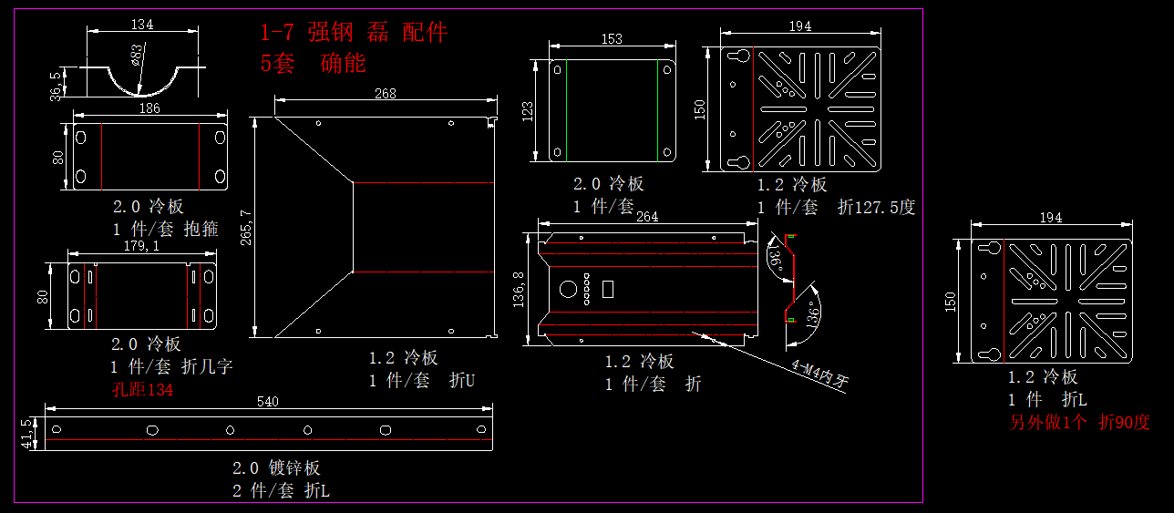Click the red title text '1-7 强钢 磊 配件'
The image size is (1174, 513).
pos(354,34)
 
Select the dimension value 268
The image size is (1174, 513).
pos(386,93)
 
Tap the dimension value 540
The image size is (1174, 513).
pos(268,401)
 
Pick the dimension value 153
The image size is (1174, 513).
pos(612,38)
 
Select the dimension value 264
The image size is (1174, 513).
pos(646,217)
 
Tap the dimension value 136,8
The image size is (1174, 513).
pos(520,290)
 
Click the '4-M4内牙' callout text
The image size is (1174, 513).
pos(819,374)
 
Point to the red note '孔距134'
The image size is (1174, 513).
pos(141,390)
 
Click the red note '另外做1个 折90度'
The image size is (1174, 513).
pos(1079,423)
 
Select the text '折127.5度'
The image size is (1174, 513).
pos(876,208)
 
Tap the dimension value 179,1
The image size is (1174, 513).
pos(141,246)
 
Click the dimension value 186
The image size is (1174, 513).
pos(149,108)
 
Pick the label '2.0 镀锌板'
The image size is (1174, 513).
pos(276,468)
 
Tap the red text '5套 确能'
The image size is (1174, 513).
pos(313,64)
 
